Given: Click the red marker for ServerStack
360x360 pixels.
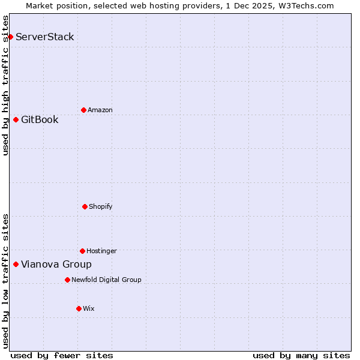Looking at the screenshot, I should tap(10, 37).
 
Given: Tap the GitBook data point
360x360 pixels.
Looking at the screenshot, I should tap(16, 120).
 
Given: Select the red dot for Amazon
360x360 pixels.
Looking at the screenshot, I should tap(83, 110).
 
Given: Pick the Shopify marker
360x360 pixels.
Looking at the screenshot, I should tap(85, 206).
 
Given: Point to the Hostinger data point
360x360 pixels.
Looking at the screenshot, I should tap(82, 251).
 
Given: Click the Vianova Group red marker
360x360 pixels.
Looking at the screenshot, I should tap(16, 264).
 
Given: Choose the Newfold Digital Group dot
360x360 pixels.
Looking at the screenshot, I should tap(67, 280).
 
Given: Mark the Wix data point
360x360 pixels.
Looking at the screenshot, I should tap(79, 308).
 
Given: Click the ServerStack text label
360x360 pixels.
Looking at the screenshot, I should tap(45, 37).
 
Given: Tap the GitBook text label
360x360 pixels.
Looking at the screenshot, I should tap(40, 120).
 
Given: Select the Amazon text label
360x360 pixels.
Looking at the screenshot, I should tap(100, 110).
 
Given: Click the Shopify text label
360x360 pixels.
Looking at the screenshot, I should tap(101, 207).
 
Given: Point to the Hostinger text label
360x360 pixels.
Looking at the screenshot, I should tap(101, 251).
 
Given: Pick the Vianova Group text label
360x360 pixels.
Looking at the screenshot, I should tap(56, 265).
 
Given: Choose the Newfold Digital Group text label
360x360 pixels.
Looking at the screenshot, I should tap(107, 280).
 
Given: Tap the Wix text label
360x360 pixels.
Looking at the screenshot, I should tap(89, 309).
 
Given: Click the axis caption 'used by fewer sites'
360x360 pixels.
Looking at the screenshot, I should tap(62, 356).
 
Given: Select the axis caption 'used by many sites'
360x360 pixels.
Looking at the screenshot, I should tap(301, 356).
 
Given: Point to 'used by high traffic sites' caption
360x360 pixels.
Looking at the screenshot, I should tap(6, 85).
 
